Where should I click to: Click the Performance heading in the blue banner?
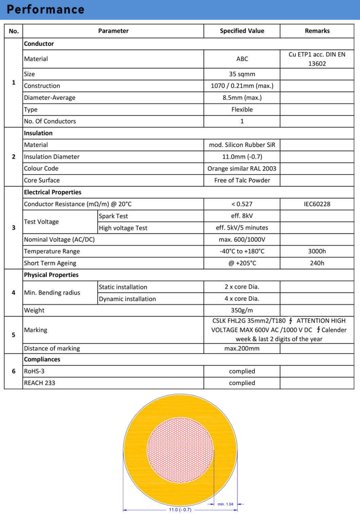[x=46, y=10]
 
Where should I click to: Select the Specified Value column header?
[x=242, y=31]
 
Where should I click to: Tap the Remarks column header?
[x=317, y=31]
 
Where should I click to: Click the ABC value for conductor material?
[x=242, y=59]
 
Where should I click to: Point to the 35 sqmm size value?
[x=242, y=74]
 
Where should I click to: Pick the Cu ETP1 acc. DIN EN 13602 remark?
[x=317, y=59]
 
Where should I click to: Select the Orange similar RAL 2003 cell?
[x=242, y=168]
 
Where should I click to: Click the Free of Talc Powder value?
[x=242, y=180]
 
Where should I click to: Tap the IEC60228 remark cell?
[x=317, y=204]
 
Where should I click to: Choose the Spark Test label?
[x=113, y=216]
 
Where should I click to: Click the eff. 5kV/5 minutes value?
[x=242, y=227]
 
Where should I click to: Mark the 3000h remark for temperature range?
[x=317, y=251]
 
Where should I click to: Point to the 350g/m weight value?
[x=242, y=310]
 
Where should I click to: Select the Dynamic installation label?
[x=127, y=299]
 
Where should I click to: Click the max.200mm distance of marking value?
[x=242, y=348]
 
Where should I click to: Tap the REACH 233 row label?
[x=39, y=383]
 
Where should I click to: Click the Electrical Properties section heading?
[x=53, y=192]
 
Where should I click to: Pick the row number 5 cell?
[x=14, y=335]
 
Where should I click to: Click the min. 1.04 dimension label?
[x=225, y=504]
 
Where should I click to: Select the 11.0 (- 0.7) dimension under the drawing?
[x=180, y=510]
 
